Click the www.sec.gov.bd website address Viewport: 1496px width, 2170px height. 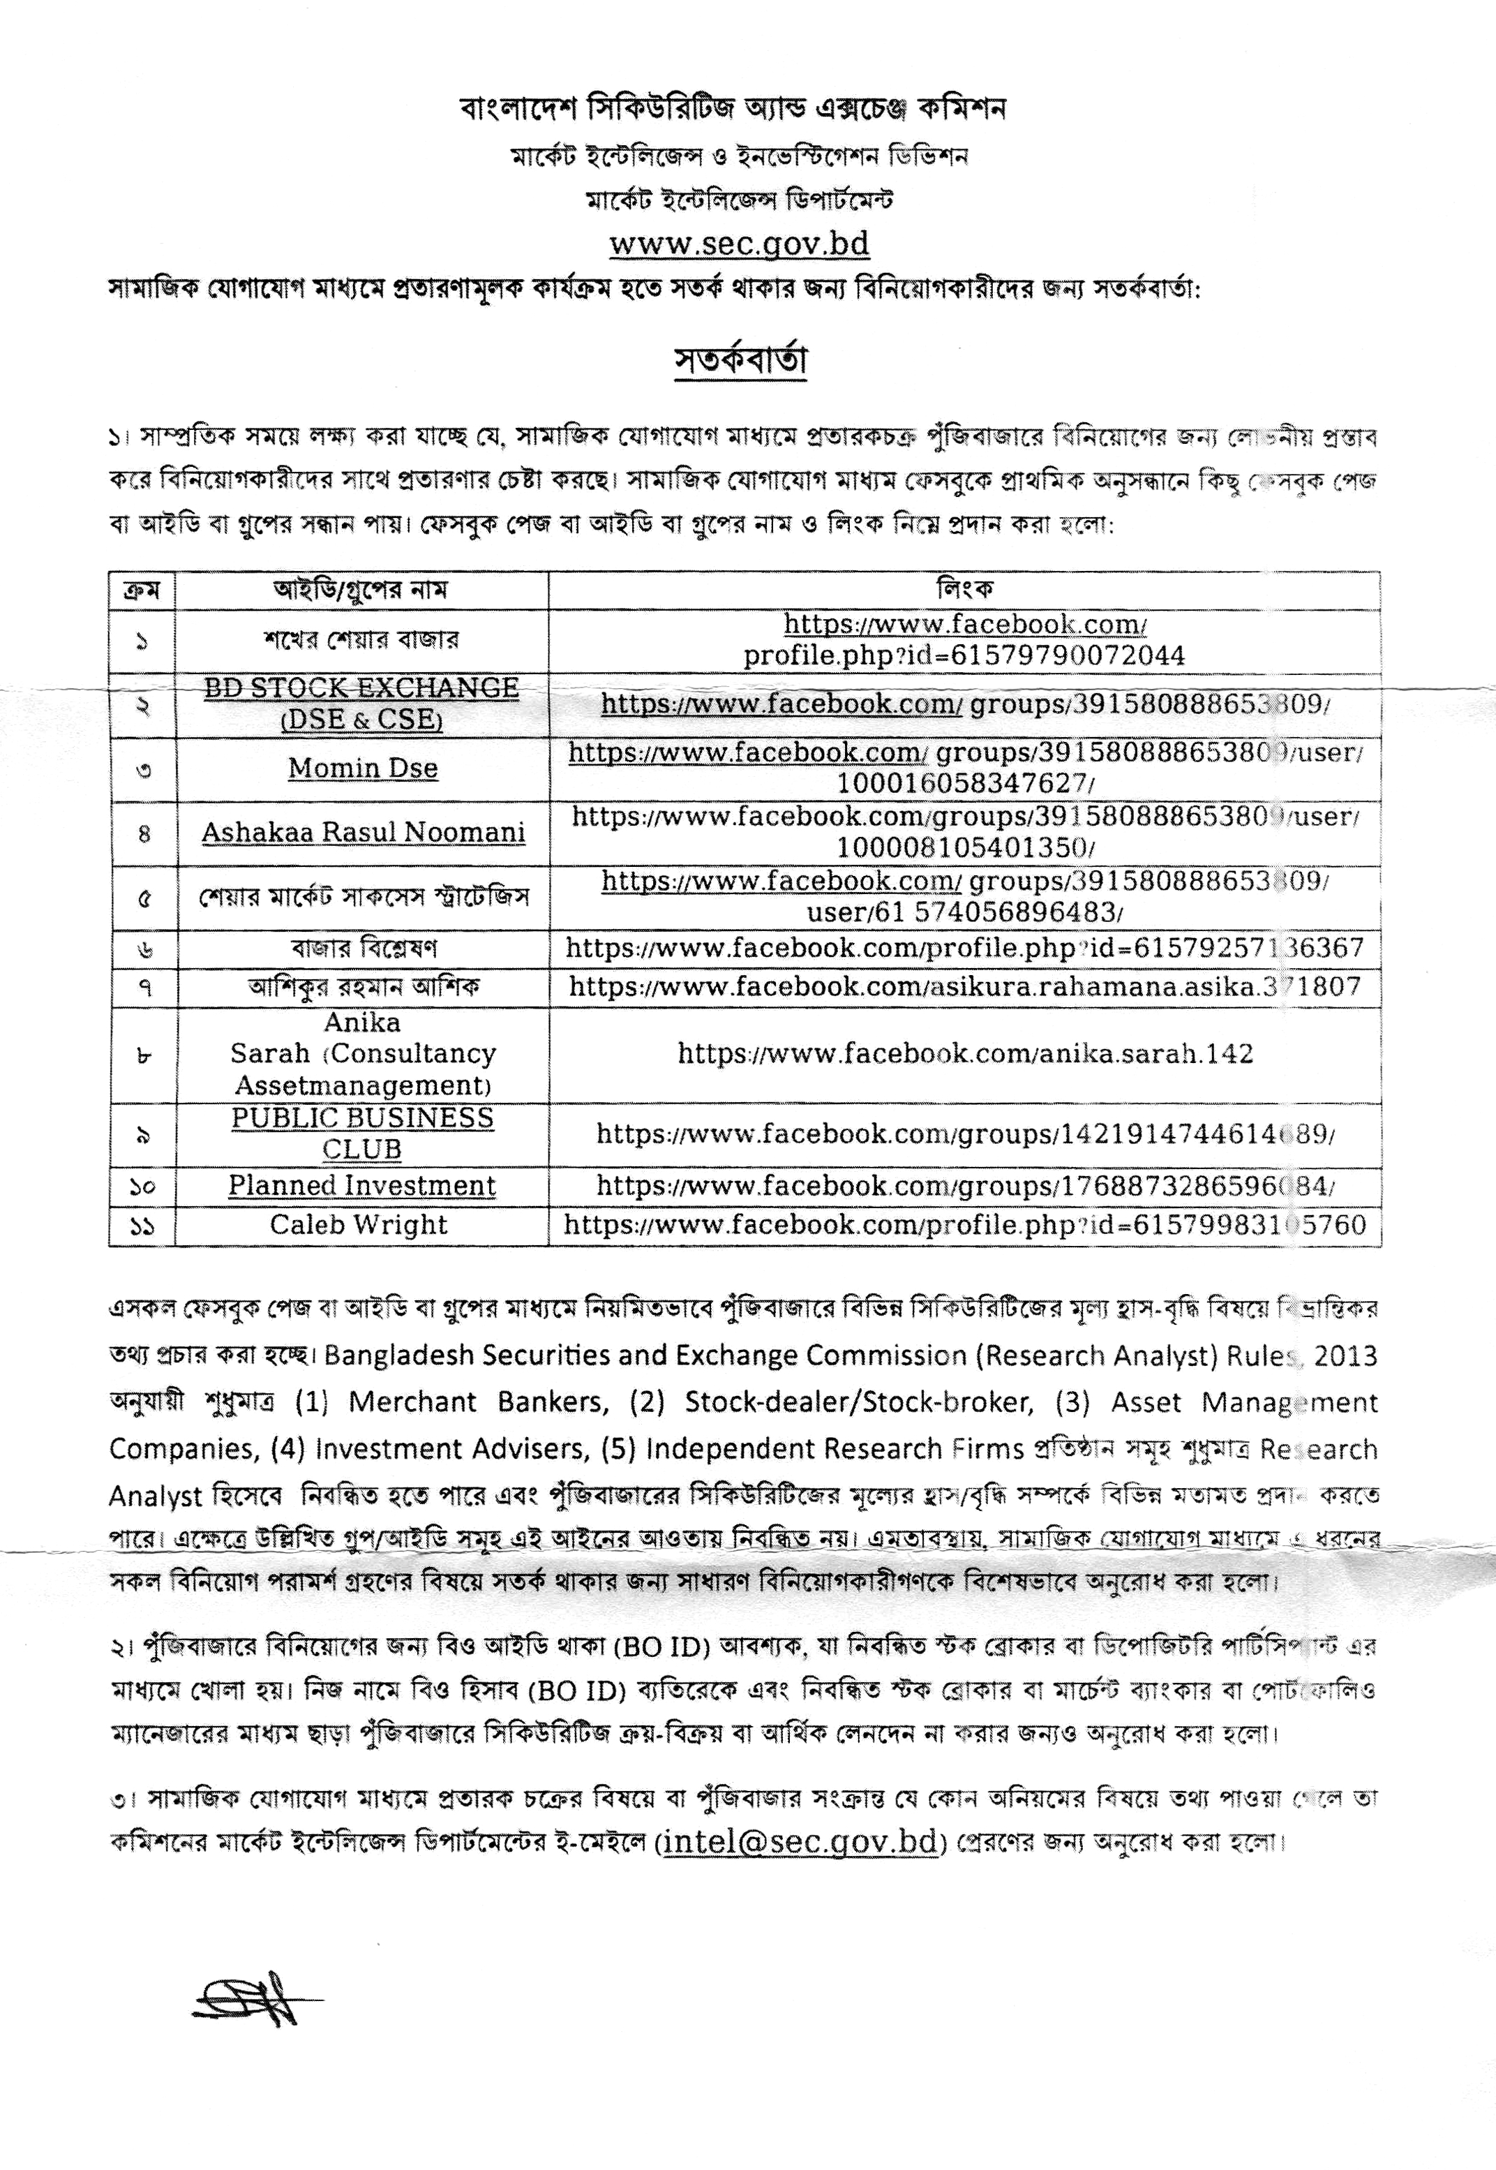[x=739, y=244]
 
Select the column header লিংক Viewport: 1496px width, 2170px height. [x=964, y=590]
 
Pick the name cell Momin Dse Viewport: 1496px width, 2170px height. [x=363, y=768]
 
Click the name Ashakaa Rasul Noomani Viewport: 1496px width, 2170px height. [x=363, y=833]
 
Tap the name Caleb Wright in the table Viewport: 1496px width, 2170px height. [x=359, y=1224]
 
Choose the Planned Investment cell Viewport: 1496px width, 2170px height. [x=362, y=1186]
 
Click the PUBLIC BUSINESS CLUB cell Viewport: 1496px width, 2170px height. [x=362, y=1134]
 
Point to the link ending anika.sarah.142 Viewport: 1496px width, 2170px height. [x=964, y=1054]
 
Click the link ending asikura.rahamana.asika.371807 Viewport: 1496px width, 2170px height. [x=964, y=986]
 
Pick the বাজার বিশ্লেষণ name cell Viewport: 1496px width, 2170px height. [x=363, y=948]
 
